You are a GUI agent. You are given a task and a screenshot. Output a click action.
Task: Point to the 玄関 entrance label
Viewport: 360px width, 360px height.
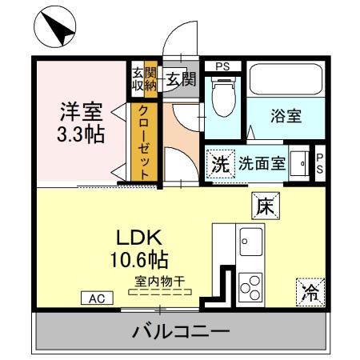point(181,78)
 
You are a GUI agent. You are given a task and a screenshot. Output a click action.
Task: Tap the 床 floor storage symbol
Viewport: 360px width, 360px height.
point(265,206)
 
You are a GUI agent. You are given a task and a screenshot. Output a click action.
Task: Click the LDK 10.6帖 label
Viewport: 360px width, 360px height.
point(142,248)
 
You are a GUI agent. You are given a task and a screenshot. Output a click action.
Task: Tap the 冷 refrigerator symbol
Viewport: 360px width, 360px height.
point(309,292)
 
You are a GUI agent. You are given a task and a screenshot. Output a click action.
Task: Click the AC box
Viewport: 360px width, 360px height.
point(96,298)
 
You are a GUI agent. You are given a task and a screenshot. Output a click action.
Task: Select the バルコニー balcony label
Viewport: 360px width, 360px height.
point(181,330)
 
